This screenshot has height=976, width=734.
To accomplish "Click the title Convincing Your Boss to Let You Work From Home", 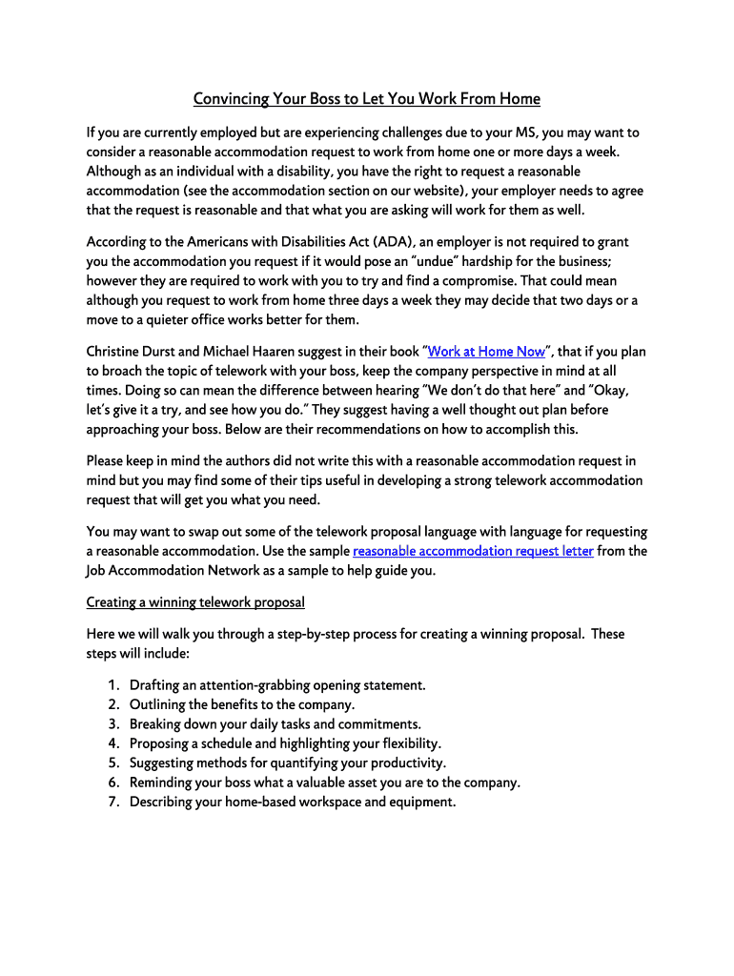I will click(x=367, y=99).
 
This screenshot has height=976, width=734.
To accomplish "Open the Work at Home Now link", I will click(x=486, y=352).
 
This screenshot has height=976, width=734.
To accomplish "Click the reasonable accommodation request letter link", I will click(x=473, y=551).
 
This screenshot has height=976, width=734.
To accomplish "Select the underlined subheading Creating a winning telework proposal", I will click(x=195, y=602).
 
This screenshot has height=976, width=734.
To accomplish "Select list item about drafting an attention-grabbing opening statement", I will click(x=277, y=685).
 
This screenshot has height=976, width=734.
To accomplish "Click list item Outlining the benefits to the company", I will click(x=242, y=704).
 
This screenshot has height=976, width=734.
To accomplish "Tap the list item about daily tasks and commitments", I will click(x=275, y=724).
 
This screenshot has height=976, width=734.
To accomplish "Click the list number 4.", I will click(x=112, y=743).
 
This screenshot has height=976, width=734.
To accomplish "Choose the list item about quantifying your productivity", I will click(x=287, y=762).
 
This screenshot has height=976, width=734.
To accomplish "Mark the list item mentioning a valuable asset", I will click(x=324, y=783).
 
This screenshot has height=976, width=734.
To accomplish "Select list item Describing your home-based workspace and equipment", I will click(x=293, y=802).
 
